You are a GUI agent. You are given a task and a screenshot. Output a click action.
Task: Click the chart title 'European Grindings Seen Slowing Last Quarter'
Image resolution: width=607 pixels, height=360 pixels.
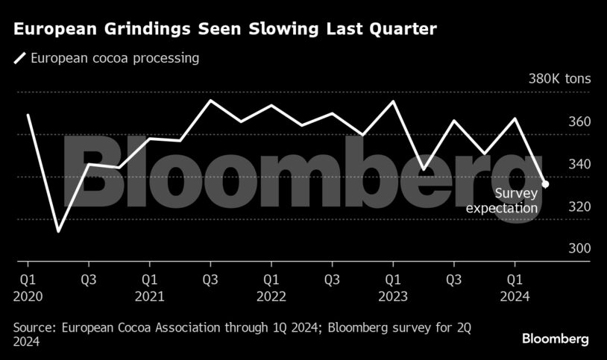(224, 30)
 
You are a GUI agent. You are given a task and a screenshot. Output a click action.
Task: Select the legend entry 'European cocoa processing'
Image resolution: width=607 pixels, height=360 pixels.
(114, 58)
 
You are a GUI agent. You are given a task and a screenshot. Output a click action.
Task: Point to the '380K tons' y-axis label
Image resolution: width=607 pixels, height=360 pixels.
(559, 79)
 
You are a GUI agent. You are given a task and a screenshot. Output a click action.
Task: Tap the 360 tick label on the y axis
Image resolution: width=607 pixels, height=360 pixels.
(580, 122)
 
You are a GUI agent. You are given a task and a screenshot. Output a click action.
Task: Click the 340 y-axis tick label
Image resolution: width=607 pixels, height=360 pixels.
(580, 165)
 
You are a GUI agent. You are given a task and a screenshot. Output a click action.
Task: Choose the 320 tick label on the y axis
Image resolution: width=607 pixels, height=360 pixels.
(580, 207)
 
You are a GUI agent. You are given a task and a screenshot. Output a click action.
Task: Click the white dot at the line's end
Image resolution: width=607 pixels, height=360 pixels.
(546, 184)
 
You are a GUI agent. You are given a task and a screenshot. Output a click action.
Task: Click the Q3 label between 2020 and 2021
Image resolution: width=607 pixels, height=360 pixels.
(89, 280)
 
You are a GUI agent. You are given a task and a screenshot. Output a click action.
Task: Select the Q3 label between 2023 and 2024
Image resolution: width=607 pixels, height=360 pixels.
(453, 280)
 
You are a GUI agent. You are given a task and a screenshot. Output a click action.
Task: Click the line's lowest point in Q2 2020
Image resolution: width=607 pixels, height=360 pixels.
(58, 232)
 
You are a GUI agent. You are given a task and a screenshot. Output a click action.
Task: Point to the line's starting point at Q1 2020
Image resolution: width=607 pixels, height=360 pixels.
(28, 115)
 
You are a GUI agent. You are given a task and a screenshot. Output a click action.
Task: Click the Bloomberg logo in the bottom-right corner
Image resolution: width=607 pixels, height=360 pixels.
(555, 339)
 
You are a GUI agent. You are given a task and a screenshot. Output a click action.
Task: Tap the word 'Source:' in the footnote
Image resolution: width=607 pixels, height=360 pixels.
(35, 327)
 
